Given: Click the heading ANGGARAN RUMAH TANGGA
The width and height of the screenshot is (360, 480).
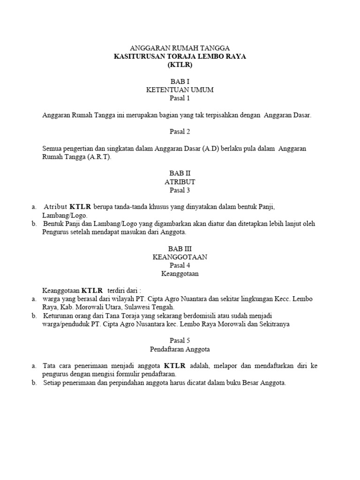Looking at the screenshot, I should point(180,48).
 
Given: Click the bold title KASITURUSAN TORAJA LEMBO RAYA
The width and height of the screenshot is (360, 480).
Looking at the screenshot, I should point(180,56).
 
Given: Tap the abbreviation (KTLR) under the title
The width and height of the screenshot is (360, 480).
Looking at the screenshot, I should point(180,65).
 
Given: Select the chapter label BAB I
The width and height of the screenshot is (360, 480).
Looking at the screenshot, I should point(180,81).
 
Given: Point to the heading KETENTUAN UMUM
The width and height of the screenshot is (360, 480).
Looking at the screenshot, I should point(180,90).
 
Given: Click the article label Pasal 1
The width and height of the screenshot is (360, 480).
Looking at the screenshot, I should point(180,98).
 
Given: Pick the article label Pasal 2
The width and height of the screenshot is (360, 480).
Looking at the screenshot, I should point(180,132).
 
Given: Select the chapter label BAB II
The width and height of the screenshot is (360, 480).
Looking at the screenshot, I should point(180,173).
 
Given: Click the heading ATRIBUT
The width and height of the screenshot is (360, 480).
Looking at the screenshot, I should point(180,181).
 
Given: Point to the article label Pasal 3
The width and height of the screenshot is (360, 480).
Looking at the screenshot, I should point(180,190).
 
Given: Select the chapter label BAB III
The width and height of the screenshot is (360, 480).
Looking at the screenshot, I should point(180,249).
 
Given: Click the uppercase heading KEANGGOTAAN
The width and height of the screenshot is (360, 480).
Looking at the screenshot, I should point(180,257).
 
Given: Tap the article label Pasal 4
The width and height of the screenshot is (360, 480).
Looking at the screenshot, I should point(180,265).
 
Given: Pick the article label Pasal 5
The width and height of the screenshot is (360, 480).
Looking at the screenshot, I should point(180,340).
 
